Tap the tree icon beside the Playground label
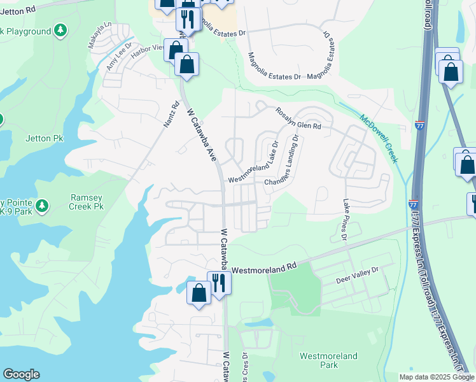point(60,30)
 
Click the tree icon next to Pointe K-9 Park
point(42,205)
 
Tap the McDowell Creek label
point(379,138)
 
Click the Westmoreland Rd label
point(264,269)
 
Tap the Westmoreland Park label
point(328,360)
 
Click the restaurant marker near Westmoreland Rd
point(219,281)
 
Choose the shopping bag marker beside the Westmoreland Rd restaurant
point(199,292)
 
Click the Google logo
point(21,374)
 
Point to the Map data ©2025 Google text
point(436,377)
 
